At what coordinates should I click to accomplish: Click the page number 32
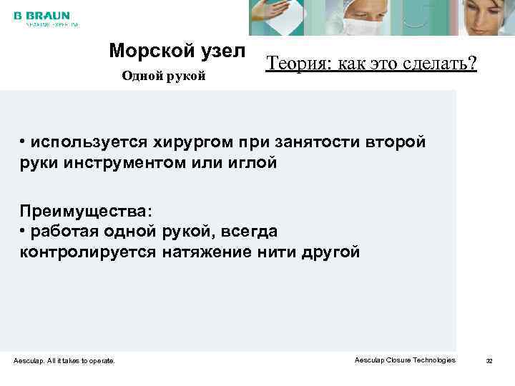(489, 361)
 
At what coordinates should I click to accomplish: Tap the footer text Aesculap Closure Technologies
(405, 360)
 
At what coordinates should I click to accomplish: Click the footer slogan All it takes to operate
(79, 361)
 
